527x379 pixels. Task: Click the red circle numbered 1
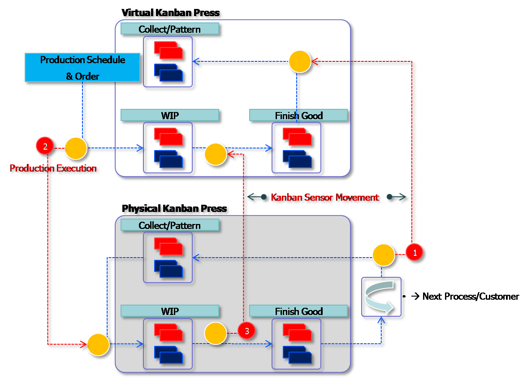[415, 253]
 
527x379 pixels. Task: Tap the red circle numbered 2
[44, 146]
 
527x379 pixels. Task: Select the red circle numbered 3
[246, 331]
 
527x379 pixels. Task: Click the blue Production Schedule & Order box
[82, 68]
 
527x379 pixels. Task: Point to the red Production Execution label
[53, 169]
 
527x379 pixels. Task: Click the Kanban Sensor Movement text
[325, 198]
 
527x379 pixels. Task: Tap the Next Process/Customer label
[466, 297]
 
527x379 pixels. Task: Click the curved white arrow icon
[381, 296]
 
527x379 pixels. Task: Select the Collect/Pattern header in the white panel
[170, 29]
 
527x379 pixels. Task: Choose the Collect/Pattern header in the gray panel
[170, 225]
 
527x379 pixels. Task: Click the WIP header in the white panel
[170, 116]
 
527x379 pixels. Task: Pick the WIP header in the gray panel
[170, 311]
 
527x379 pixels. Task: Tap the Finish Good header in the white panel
[298, 116]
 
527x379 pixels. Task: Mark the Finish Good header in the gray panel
[298, 311]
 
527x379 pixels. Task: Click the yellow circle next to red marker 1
[384, 255]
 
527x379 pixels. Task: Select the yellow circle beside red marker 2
[76, 148]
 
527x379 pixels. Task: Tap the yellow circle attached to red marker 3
[216, 334]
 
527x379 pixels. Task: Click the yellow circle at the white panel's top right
[299, 61]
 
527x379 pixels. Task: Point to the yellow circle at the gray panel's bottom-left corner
[98, 345]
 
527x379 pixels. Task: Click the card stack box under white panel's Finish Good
[297, 147]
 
